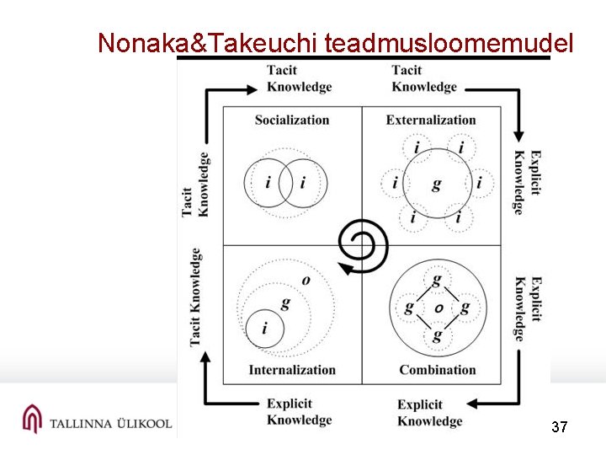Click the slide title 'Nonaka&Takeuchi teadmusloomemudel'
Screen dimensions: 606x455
click(x=336, y=43)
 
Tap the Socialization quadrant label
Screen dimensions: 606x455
click(x=292, y=120)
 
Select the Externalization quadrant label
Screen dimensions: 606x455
click(x=431, y=120)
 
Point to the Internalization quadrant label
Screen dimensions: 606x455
click(x=292, y=369)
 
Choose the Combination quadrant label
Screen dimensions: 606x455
click(x=437, y=369)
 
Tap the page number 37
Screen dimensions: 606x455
click(x=559, y=427)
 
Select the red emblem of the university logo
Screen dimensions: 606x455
click(x=32, y=419)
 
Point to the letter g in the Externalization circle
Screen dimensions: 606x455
click(x=436, y=184)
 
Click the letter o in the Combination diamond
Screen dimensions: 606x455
click(x=439, y=308)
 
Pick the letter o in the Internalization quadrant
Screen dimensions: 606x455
click(x=306, y=280)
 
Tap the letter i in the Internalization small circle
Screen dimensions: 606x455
click(x=265, y=329)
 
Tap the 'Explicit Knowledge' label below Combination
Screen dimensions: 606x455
click(x=430, y=413)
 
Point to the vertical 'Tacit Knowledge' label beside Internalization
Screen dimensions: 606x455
click(x=195, y=296)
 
